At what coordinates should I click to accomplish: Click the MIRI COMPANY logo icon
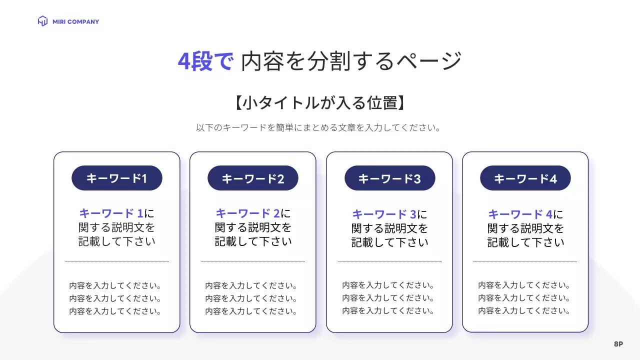pyautogui.click(x=42, y=21)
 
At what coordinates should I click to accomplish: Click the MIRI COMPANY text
pyautogui.click(x=75, y=22)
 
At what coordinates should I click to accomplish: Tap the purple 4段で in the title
pyautogui.click(x=205, y=61)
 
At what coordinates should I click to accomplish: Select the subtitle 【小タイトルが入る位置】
pyautogui.click(x=319, y=103)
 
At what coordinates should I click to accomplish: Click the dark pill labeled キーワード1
pyautogui.click(x=117, y=178)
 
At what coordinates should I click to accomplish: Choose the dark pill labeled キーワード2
pyautogui.click(x=253, y=178)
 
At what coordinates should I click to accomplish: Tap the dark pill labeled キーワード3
pyautogui.click(x=389, y=178)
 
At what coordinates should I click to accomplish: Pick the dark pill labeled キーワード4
pyautogui.click(x=525, y=178)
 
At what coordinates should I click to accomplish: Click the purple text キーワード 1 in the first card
pyautogui.click(x=111, y=213)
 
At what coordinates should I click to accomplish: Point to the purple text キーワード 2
pyautogui.click(x=247, y=213)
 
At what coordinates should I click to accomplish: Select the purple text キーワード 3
pyautogui.click(x=384, y=214)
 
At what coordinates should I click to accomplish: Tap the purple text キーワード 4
pyautogui.click(x=520, y=214)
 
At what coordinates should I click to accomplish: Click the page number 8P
pyautogui.click(x=618, y=344)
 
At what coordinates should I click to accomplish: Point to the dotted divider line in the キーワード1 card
pyautogui.click(x=116, y=261)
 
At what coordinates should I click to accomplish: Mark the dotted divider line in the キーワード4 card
pyautogui.click(x=525, y=261)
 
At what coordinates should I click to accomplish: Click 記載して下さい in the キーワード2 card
pyautogui.click(x=253, y=241)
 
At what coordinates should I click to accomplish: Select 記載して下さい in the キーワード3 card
pyautogui.click(x=389, y=242)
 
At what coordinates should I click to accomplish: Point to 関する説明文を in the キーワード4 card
pyautogui.click(x=525, y=228)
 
